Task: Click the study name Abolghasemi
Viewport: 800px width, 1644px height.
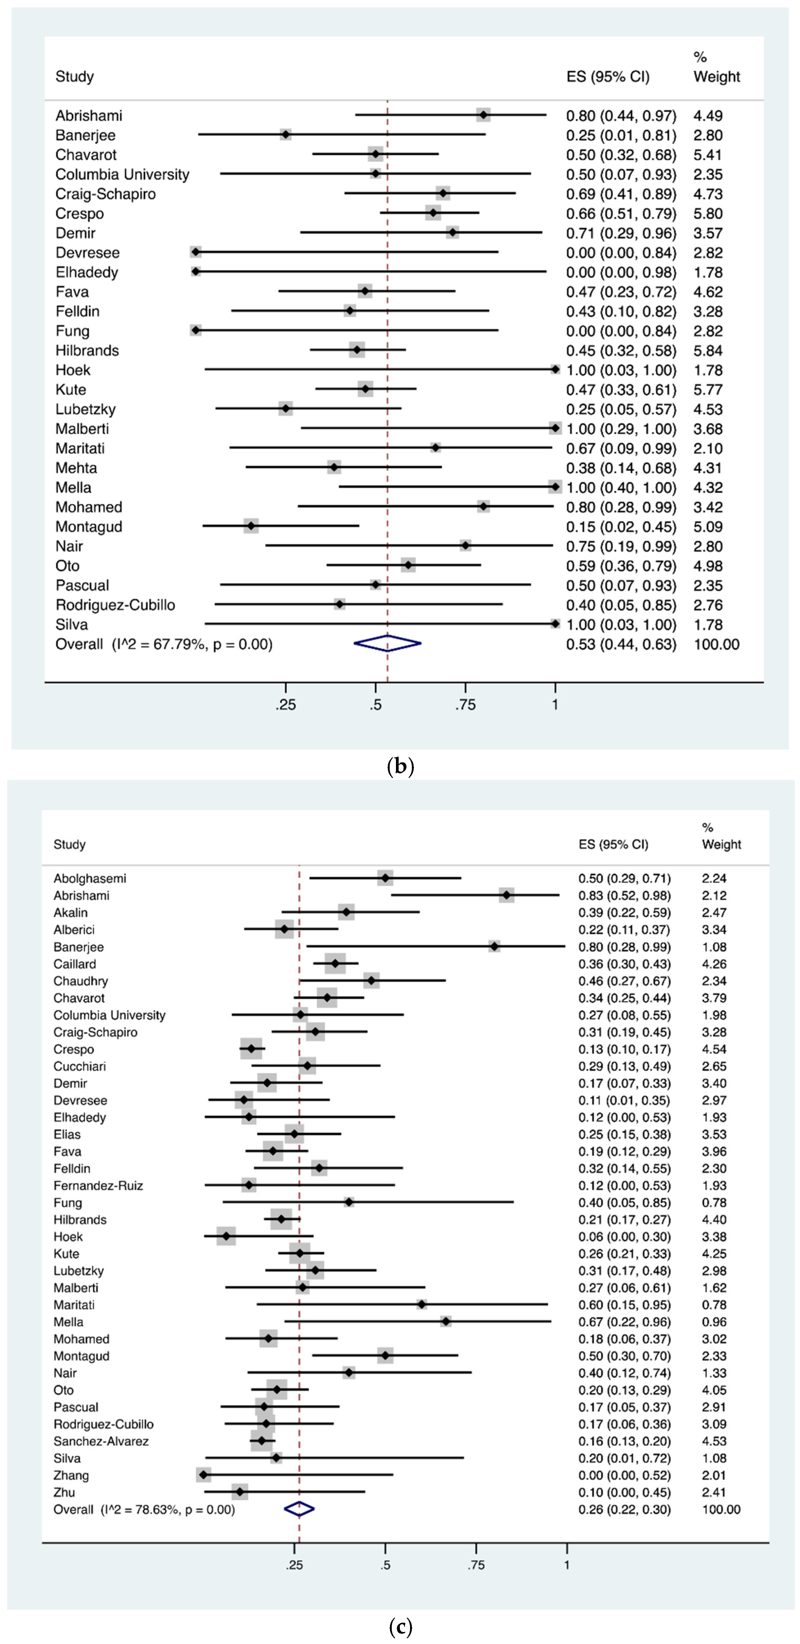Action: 90,878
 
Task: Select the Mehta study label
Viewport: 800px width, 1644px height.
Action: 76,468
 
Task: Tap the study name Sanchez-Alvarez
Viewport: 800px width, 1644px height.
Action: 101,1441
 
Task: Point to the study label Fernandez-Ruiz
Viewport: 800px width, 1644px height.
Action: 98,1185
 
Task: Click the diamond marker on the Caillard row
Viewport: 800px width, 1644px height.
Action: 335,964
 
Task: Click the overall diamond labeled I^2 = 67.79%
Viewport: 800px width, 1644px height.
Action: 387,644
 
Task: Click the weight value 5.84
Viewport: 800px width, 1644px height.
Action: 708,350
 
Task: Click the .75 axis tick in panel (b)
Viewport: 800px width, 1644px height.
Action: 466,705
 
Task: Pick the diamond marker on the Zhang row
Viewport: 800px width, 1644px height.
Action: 203,1475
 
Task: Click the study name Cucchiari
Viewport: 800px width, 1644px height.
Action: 80,1066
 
